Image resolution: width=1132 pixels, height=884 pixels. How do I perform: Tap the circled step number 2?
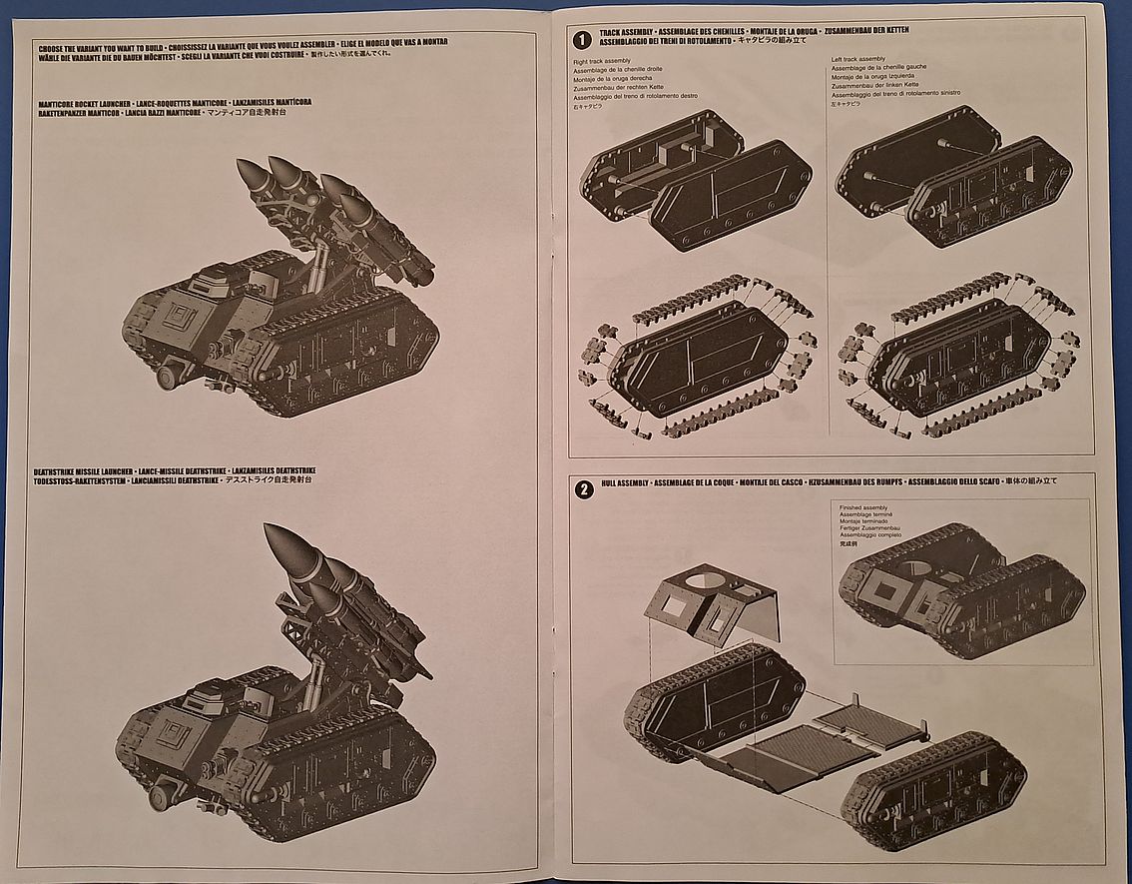(584, 489)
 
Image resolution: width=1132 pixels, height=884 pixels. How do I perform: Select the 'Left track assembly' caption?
(858, 60)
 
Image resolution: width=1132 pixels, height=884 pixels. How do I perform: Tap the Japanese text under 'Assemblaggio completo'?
(849, 545)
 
